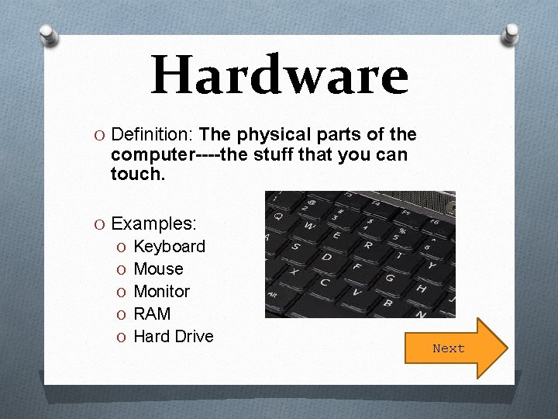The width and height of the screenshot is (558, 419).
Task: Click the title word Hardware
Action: point(279,75)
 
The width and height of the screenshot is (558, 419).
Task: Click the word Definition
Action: point(153,135)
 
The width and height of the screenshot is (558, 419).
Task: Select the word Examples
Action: point(153,224)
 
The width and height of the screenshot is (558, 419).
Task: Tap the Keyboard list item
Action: point(169,247)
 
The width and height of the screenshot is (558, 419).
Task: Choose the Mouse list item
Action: point(158,269)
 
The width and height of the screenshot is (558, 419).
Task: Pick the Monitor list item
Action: point(161,292)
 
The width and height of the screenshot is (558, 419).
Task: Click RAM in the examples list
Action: point(152,314)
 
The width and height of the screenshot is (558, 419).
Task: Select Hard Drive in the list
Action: point(173,337)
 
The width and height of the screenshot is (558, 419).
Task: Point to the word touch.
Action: point(137,175)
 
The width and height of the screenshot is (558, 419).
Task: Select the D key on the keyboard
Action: point(326,257)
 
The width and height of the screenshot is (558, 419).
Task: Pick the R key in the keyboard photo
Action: point(367,245)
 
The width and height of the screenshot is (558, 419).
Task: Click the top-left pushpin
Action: point(49,34)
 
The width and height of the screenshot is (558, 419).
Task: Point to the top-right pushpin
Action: point(511,33)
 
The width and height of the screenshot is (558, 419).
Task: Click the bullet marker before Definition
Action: point(102,136)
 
